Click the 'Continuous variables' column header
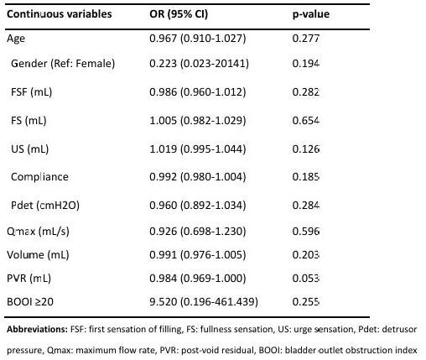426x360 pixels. pyautogui.click(x=60, y=14)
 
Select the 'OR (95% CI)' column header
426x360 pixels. pyautogui.click(x=179, y=14)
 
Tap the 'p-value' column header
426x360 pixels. pyautogui.click(x=311, y=14)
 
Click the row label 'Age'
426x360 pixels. pyautogui.click(x=16, y=39)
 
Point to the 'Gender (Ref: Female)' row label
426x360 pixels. pyautogui.click(x=63, y=64)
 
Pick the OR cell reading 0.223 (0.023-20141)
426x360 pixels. pyautogui.click(x=199, y=64)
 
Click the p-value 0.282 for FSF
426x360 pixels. pyautogui.click(x=305, y=92)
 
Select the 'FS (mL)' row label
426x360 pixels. pyautogui.click(x=29, y=121)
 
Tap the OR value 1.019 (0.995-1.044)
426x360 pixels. pyautogui.click(x=198, y=149)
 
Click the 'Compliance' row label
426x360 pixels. pyautogui.click(x=39, y=177)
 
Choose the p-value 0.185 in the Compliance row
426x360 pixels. pyautogui.click(x=305, y=177)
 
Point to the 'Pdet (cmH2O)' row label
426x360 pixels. pyautogui.click(x=45, y=206)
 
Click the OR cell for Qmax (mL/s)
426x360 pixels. pyautogui.click(x=198, y=232)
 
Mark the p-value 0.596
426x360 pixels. pyautogui.click(x=305, y=232)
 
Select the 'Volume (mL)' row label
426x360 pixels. pyautogui.click(x=38, y=255)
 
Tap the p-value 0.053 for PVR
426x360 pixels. pyautogui.click(x=305, y=279)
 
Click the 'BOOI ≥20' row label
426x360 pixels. pyautogui.click(x=30, y=302)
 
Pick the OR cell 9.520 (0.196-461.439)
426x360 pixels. pyautogui.click(x=204, y=302)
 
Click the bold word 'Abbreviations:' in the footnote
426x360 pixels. pyautogui.click(x=37, y=329)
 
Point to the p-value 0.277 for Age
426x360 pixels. pyautogui.click(x=305, y=39)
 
